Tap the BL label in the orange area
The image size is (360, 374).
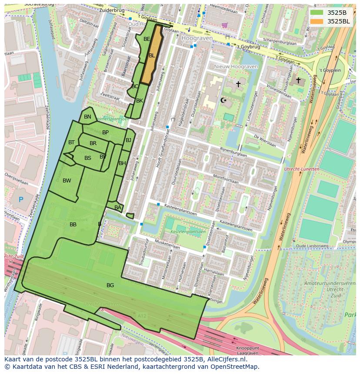pyautogui.click(x=152, y=56)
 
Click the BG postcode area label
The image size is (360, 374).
pyautogui.click(x=110, y=285)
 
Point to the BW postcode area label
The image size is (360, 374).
pyautogui.click(x=67, y=181)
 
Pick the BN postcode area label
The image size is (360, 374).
pyautogui.click(x=87, y=117)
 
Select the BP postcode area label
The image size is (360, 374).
pyautogui.click(x=105, y=132)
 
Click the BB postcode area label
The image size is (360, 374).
pyautogui.click(x=73, y=225)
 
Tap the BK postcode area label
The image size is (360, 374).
pyautogui.click(x=140, y=101)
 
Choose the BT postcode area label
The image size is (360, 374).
pyautogui.click(x=71, y=142)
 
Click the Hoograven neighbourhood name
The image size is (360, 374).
pyautogui.click(x=197, y=38)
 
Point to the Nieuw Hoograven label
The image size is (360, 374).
pyautogui.click(x=236, y=66)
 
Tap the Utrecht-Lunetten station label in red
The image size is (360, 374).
pyautogui.click(x=301, y=169)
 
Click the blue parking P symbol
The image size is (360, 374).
pyautogui.click(x=21, y=200)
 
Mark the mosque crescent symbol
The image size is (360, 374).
pyautogui.click(x=224, y=100)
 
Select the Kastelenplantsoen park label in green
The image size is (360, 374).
pyautogui.click(x=188, y=232)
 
